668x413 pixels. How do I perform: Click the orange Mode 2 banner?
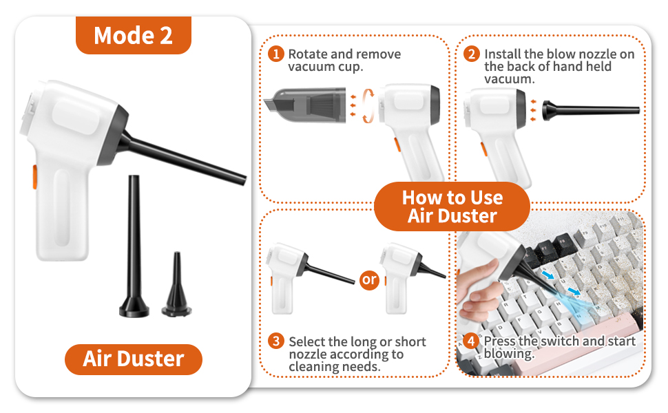click(x=133, y=35)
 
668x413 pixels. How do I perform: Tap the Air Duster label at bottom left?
click(x=134, y=359)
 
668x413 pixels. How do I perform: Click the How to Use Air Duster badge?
click(x=452, y=206)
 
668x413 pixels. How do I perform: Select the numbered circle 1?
click(x=276, y=54)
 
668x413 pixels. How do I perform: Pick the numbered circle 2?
click(x=472, y=54)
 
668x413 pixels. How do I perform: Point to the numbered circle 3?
click(x=276, y=341)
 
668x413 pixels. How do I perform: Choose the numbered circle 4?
click(x=472, y=341)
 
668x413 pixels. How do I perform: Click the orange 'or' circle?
click(x=370, y=279)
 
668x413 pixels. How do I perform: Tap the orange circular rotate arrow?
click(x=370, y=105)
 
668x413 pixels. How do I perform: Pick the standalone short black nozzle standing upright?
click(x=174, y=285)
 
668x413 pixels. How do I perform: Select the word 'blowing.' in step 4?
click(x=509, y=354)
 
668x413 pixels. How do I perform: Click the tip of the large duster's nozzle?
click(x=242, y=178)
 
